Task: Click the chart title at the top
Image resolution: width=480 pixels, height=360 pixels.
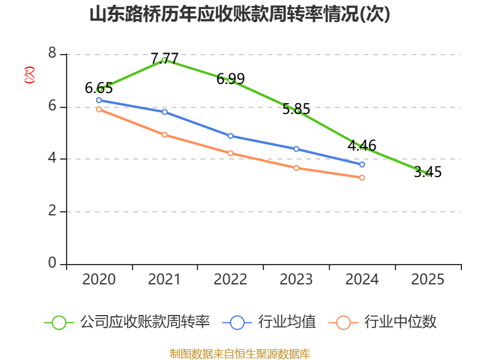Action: pyautogui.click(x=240, y=14)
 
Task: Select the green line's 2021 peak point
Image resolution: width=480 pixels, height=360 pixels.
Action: pyautogui.click(x=164, y=60)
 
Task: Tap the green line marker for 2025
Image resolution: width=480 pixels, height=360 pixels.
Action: pyautogui.click(x=428, y=173)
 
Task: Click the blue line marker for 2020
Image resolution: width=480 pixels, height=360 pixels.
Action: pyautogui.click(x=99, y=100)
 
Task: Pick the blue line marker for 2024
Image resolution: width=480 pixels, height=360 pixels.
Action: pyautogui.click(x=362, y=164)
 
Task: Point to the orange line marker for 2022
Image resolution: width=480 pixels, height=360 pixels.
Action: pyautogui.click(x=230, y=153)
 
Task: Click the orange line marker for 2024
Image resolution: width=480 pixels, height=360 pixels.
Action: pyautogui.click(x=362, y=178)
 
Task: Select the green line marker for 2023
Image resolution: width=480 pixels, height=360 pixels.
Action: pyautogui.click(x=297, y=110)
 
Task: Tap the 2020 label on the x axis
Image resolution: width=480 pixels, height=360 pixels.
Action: pyautogui.click(x=99, y=280)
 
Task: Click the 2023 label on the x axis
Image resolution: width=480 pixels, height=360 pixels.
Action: pyautogui.click(x=296, y=280)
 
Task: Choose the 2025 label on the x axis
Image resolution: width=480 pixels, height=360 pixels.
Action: pyautogui.click(x=428, y=280)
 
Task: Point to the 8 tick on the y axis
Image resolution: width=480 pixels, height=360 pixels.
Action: pyautogui.click(x=52, y=54)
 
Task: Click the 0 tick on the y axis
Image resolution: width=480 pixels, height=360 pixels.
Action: pyautogui.click(x=52, y=264)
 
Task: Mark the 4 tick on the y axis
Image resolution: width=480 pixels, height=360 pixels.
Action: pyautogui.click(x=52, y=159)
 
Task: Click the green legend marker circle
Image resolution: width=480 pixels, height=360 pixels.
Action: pyautogui.click(x=59, y=323)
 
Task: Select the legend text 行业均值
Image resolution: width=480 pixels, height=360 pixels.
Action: pyautogui.click(x=287, y=322)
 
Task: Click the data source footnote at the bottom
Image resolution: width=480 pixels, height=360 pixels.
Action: pyautogui.click(x=240, y=353)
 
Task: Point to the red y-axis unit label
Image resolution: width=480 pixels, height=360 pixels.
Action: pyautogui.click(x=29, y=75)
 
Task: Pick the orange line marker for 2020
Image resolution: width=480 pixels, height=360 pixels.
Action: pyautogui.click(x=99, y=109)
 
